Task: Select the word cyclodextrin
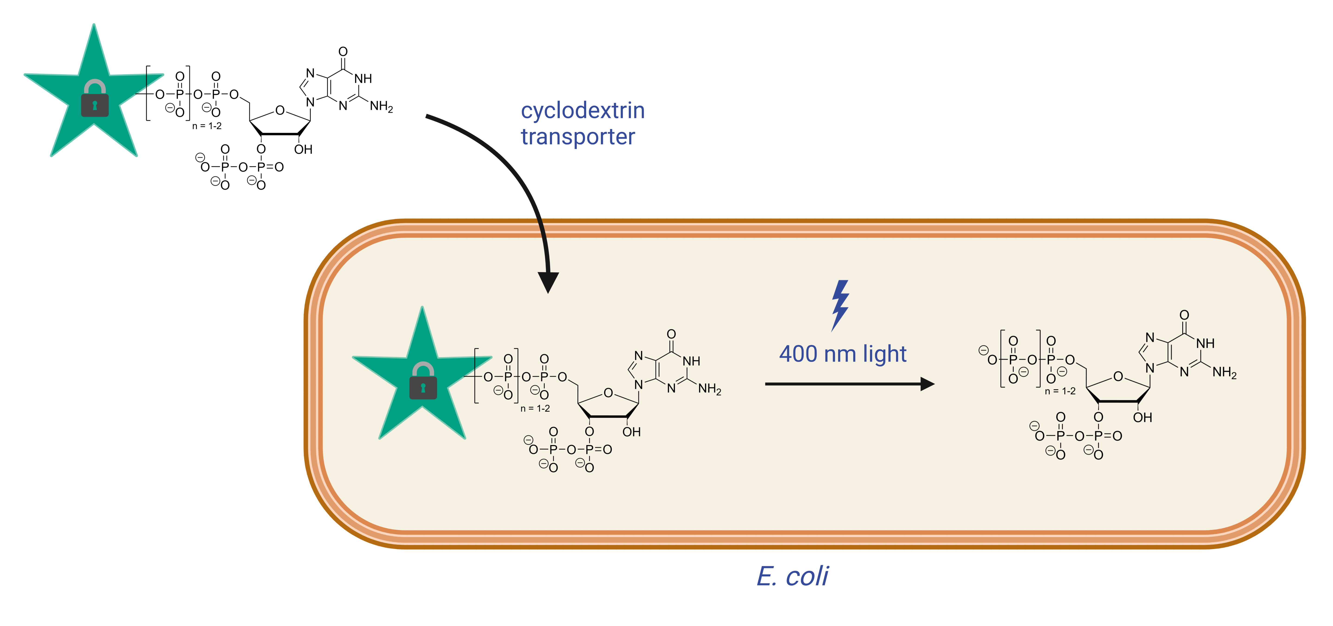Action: [583, 111]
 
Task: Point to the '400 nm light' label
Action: [843, 354]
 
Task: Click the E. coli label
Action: [792, 576]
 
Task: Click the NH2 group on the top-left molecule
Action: [381, 106]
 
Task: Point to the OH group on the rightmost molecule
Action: [1143, 417]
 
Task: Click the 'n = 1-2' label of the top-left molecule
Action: [207, 126]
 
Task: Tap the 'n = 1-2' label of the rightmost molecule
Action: [1060, 391]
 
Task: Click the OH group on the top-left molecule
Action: [303, 150]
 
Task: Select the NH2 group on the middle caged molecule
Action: [709, 389]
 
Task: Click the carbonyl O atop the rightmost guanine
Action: [1184, 315]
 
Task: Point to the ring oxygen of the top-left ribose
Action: [280, 110]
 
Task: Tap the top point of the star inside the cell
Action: [423, 307]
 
